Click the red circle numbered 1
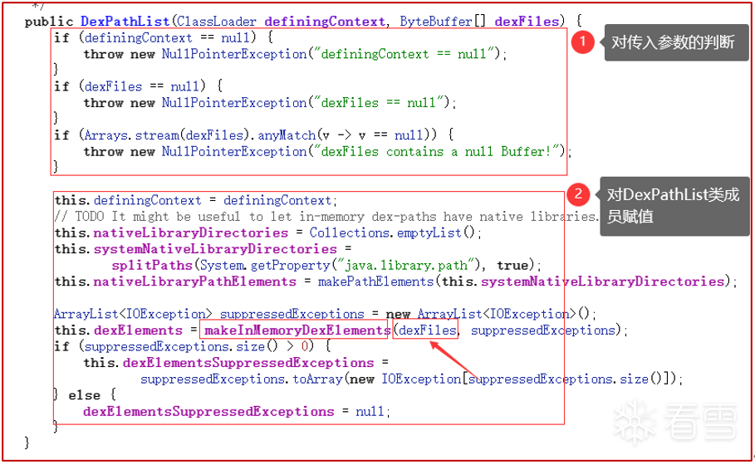point(582,42)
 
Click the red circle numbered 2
point(579,194)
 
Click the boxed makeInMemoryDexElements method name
point(293,330)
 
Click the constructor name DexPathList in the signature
point(125,22)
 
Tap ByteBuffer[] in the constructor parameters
point(443,22)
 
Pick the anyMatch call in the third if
point(287,135)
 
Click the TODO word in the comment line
point(89,216)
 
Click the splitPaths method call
point(152,265)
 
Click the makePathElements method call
point(375,281)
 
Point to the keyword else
point(84,395)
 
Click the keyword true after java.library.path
point(512,265)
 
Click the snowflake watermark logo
point(635,421)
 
